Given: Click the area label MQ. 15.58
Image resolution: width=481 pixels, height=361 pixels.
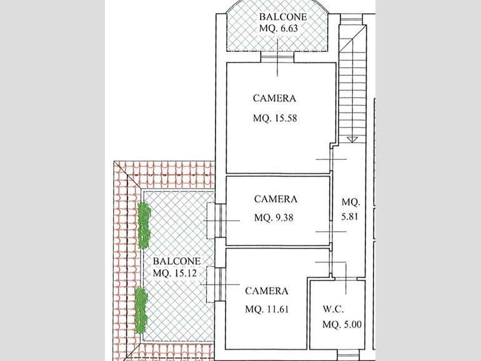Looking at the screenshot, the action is [275, 118].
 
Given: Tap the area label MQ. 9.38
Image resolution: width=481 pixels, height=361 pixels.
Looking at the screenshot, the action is [274, 217].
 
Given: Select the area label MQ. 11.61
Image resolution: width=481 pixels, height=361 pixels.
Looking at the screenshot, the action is [267, 309].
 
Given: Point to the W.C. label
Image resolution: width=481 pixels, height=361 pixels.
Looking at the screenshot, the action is [333, 309].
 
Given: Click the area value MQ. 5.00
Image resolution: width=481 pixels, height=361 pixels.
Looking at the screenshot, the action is [342, 324].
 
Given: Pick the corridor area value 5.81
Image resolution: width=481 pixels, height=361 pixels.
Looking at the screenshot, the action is [350, 217].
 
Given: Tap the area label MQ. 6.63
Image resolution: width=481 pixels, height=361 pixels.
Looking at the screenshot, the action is [279, 28].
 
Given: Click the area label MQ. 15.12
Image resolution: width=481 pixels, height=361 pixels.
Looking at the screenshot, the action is [174, 273].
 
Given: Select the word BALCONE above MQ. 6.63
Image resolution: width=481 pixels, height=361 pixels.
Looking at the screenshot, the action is [283, 17].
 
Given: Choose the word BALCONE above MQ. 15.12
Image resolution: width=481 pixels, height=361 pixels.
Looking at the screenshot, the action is [177, 261].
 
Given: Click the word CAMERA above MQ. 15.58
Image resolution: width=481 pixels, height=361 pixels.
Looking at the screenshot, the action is [275, 98].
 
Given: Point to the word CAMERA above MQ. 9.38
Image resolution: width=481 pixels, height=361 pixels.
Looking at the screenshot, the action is [275, 199].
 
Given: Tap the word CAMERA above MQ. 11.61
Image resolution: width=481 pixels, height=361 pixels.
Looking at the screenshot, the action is [267, 291].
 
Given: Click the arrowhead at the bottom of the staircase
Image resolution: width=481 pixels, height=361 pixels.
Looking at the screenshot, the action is [352, 139].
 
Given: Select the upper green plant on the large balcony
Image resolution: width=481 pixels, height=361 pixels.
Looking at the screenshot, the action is [144, 225].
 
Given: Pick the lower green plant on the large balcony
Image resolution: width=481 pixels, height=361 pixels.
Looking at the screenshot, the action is [141, 310].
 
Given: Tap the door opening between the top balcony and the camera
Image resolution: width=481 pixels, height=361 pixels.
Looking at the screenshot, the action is [277, 57].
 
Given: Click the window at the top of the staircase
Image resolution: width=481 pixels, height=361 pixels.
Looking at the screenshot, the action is [352, 19].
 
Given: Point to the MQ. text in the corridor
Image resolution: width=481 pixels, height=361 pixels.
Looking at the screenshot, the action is [351, 202].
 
